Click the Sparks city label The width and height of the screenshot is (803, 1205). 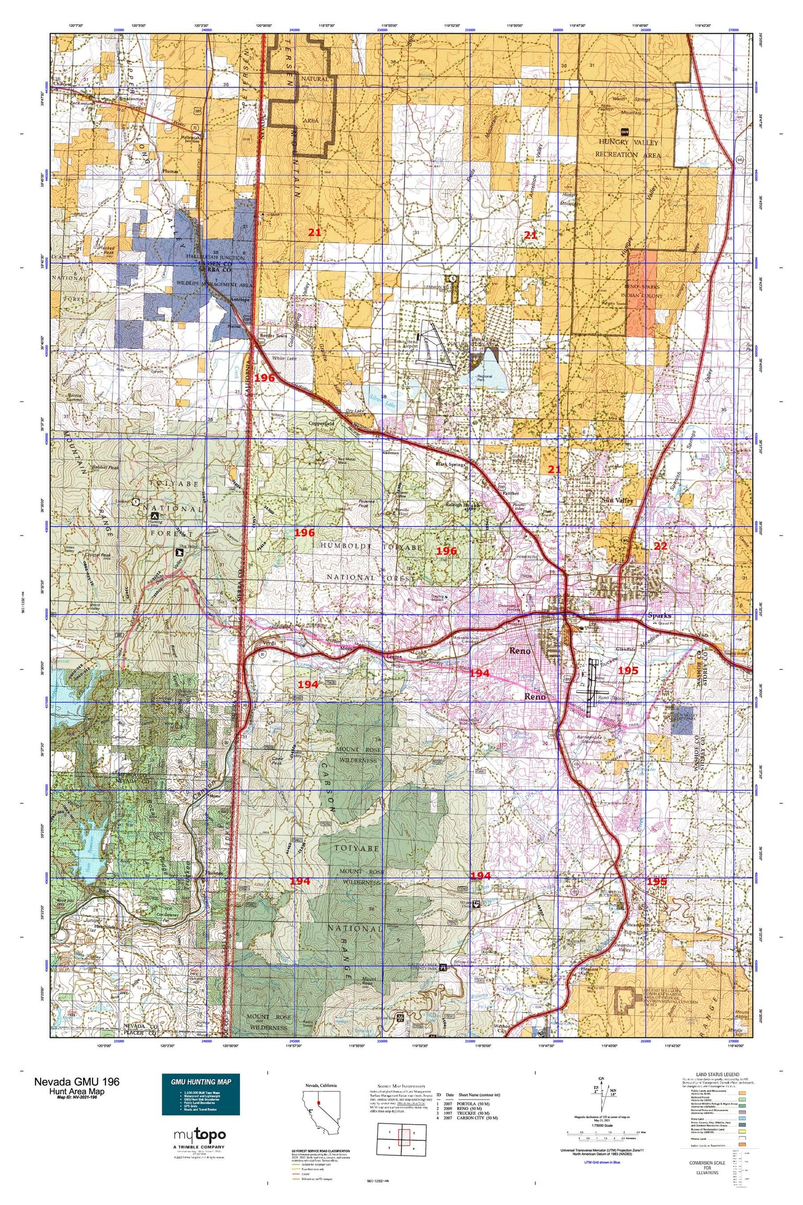click(659, 616)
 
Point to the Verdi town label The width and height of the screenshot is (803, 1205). click(268, 644)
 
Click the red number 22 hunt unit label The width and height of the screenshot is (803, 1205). click(660, 546)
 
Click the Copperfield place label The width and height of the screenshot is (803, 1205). click(321, 423)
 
